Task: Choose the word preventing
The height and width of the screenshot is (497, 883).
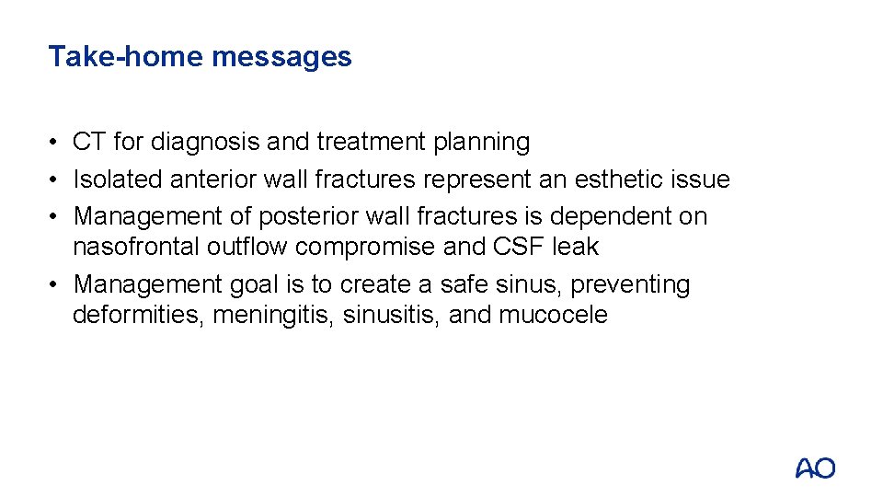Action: point(630,284)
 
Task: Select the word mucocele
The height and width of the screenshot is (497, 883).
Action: point(553,315)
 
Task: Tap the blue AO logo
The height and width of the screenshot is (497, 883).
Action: point(815,468)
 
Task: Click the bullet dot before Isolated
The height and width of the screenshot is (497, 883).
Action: point(56,179)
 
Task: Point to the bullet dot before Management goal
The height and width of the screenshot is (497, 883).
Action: point(56,285)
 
